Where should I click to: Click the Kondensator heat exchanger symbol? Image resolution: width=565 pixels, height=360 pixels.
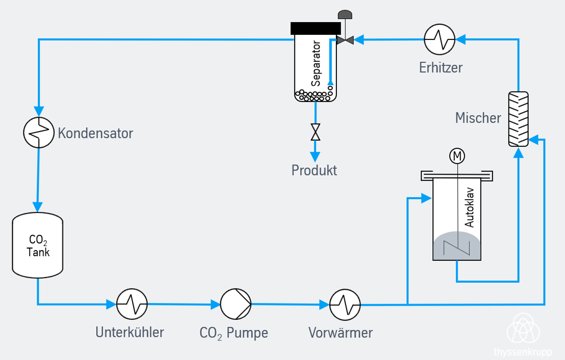pos(39,132)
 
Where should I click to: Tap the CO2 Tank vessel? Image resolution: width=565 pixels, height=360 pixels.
pos(37,245)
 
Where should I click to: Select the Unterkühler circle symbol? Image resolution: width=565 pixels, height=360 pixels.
pos(132,304)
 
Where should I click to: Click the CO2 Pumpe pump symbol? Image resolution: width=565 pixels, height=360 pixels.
pos(236,304)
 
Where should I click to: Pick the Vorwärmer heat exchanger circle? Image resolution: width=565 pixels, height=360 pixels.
pos(345,304)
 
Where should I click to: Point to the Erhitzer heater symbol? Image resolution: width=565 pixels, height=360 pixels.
pos(440,40)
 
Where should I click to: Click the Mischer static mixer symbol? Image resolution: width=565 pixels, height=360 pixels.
pos(518,119)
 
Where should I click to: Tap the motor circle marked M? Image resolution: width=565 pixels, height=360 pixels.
pos(457,156)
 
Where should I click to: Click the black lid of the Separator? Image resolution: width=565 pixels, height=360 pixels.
pos(316,28)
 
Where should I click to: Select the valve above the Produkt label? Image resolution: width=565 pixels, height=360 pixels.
pos(315,132)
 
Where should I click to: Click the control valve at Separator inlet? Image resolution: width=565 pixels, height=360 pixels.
pos(345,40)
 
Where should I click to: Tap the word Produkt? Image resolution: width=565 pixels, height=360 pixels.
pos(314,170)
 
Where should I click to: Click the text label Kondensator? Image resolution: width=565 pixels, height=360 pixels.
pos(95,133)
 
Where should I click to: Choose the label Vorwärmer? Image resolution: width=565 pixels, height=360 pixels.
pos(340,332)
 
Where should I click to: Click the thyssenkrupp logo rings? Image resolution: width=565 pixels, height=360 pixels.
pos(523,329)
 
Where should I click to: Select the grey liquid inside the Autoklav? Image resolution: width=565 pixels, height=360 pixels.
pos(456,247)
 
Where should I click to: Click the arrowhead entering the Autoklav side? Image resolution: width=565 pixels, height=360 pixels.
pos(426,198)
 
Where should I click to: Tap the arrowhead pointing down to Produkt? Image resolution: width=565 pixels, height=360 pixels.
pos(315,156)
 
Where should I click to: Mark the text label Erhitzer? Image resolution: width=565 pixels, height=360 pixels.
pos(441,68)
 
